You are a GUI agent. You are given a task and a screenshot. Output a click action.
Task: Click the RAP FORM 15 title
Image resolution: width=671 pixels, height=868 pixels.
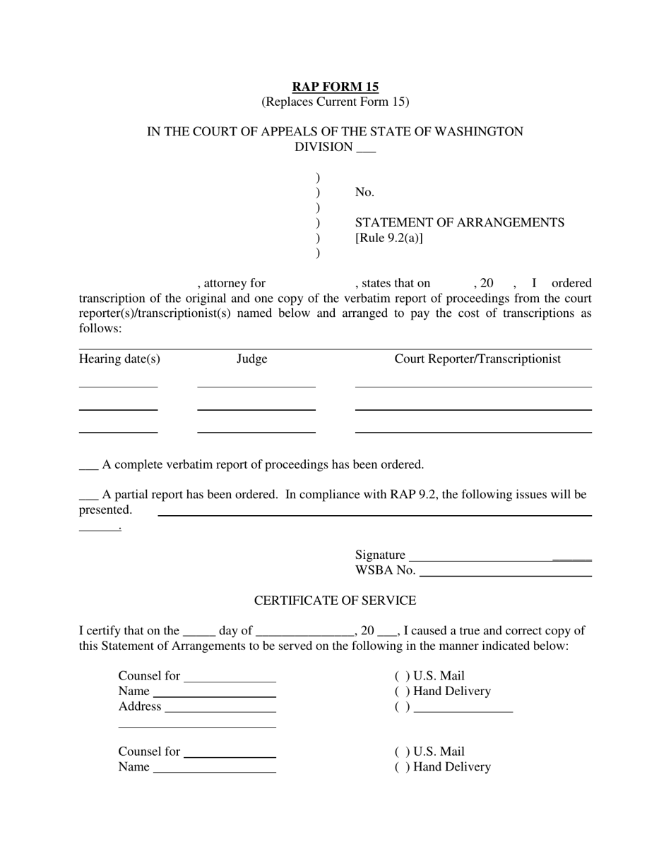pyautogui.click(x=335, y=87)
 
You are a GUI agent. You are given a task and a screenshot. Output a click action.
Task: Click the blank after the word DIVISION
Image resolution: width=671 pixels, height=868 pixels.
pyautogui.click(x=366, y=148)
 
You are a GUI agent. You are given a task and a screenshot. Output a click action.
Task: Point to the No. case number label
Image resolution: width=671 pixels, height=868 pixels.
pyautogui.click(x=364, y=192)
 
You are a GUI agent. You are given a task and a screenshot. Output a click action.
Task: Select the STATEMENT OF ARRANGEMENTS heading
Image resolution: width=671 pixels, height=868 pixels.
pyautogui.click(x=459, y=223)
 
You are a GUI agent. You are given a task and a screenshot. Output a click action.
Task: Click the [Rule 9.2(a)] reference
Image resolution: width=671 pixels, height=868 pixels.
pyautogui.click(x=389, y=238)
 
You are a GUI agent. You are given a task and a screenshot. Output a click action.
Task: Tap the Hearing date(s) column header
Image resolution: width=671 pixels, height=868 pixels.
pyautogui.click(x=119, y=359)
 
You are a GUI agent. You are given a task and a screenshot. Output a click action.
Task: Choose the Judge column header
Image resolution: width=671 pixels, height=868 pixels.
pyautogui.click(x=251, y=359)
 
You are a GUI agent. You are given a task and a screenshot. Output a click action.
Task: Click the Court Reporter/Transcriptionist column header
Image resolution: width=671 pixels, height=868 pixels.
pyautogui.click(x=477, y=359)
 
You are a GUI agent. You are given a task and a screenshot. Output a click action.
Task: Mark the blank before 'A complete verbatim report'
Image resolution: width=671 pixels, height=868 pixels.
pyautogui.click(x=88, y=466)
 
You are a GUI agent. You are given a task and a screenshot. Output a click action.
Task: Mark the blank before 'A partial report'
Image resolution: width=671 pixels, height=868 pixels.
pyautogui.click(x=88, y=495)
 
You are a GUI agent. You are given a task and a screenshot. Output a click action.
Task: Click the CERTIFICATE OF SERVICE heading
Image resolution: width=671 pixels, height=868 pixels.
pyautogui.click(x=335, y=601)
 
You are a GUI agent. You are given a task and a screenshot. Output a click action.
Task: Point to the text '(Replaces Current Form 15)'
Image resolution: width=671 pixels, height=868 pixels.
pyautogui.click(x=335, y=102)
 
